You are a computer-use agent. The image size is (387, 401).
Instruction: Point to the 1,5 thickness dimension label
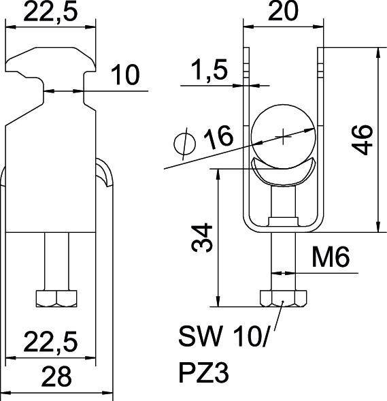coord(209,69)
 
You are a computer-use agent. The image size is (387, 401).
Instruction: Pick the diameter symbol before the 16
coord(185,144)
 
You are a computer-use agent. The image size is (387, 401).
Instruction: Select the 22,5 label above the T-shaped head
coord(50,12)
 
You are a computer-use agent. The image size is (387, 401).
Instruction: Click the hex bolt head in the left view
coord(58,298)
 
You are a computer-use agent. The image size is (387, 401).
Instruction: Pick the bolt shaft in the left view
coord(58,261)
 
